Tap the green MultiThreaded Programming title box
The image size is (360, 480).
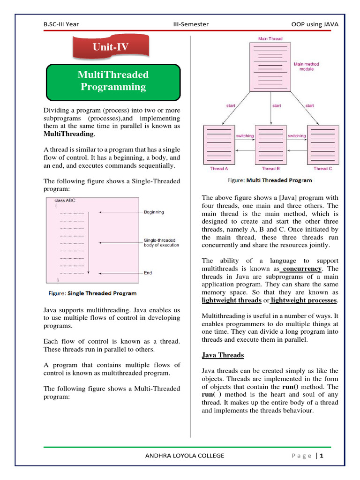tap(113, 81)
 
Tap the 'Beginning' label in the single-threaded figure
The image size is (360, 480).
tap(154, 212)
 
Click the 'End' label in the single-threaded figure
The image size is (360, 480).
tap(148, 273)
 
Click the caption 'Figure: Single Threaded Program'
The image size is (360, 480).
tap(93, 293)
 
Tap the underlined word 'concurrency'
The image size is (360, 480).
tap(302, 269)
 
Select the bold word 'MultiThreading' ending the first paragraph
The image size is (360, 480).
tap(68, 135)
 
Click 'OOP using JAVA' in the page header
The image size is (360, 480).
tap(315, 24)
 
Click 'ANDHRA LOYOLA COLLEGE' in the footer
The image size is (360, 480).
tap(185, 456)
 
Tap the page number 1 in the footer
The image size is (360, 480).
tap(322, 456)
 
